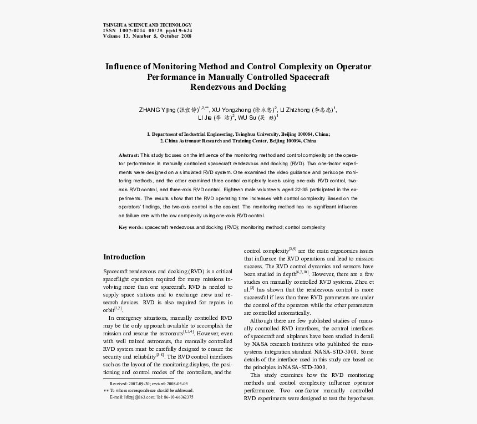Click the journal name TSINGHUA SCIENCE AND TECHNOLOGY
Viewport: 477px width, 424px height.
click(x=147, y=25)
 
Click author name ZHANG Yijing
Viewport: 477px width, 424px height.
click(x=157, y=110)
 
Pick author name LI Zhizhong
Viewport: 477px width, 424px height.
click(x=295, y=110)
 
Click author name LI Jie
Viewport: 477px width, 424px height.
click(x=207, y=118)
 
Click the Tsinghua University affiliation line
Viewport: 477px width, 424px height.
click(x=238, y=134)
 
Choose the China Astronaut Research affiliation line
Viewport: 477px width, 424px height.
click(x=238, y=141)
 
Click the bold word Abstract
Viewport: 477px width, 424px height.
click(x=129, y=155)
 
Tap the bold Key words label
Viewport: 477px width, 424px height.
click(x=131, y=227)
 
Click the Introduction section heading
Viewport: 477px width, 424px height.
click(x=124, y=257)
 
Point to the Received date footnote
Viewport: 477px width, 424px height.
click(x=149, y=384)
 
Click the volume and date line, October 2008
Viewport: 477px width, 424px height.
click(x=147, y=36)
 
